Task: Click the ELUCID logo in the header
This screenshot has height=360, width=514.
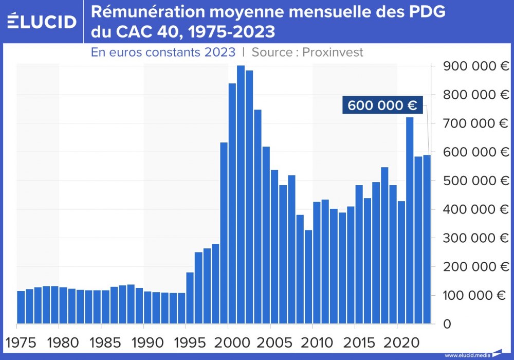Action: [42, 21]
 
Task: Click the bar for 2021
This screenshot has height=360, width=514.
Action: [410, 221]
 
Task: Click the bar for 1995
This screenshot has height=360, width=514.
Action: [190, 298]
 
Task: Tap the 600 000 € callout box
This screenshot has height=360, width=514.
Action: [382, 105]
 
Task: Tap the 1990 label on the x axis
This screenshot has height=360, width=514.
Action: [143, 341]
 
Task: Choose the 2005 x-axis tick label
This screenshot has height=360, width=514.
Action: [270, 341]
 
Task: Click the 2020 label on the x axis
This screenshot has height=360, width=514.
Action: [397, 341]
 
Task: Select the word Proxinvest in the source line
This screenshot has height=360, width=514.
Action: [333, 52]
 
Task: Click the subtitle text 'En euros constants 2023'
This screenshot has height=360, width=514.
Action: [163, 52]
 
